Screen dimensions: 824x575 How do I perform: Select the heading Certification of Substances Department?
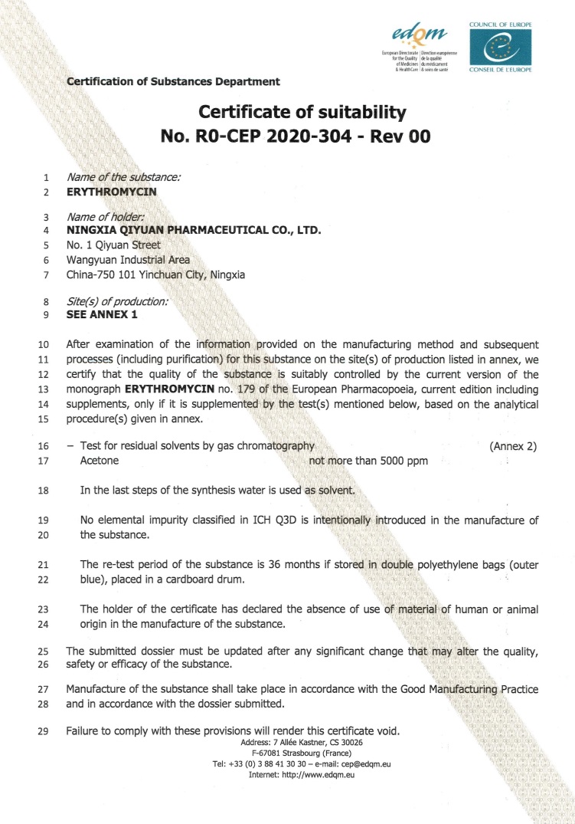(x=173, y=81)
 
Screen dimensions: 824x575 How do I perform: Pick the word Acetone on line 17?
(x=99, y=461)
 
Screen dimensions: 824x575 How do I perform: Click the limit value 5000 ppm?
(x=398, y=461)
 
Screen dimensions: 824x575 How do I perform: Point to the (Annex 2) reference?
(x=513, y=446)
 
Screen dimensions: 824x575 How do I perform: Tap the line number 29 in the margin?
(x=43, y=730)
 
